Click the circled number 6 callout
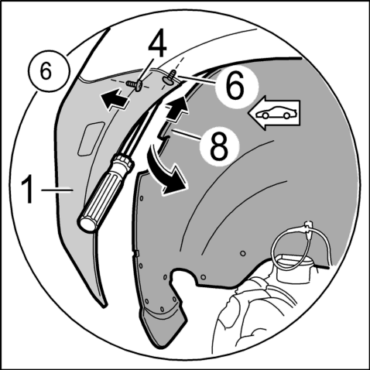[50, 71]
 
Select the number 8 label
[219, 145]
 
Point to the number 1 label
[28, 190]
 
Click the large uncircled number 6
[235, 84]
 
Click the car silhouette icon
[275, 113]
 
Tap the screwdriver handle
[106, 193]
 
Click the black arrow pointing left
[115, 99]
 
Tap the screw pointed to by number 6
[170, 77]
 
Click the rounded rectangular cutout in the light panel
[91, 139]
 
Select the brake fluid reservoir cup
[295, 269]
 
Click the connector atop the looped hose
[308, 226]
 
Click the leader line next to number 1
[57, 190]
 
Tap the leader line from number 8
[187, 135]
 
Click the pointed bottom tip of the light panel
[104, 307]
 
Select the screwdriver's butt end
[87, 224]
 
